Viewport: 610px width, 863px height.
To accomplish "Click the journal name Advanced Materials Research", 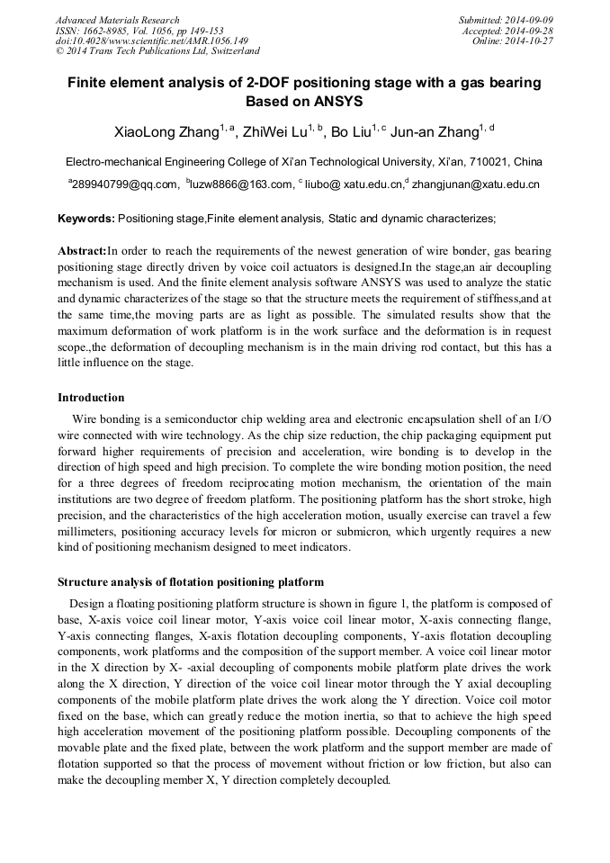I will [x=117, y=20].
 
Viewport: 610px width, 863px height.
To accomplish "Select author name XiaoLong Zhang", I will [x=166, y=133].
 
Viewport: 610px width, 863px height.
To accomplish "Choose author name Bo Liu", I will [x=351, y=133].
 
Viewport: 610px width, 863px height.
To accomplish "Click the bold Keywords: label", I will [x=86, y=219].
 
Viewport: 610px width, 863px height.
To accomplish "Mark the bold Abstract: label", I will [x=82, y=251].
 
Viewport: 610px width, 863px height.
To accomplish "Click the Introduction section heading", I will [x=91, y=397].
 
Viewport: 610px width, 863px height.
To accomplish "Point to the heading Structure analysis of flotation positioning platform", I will [x=191, y=581].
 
